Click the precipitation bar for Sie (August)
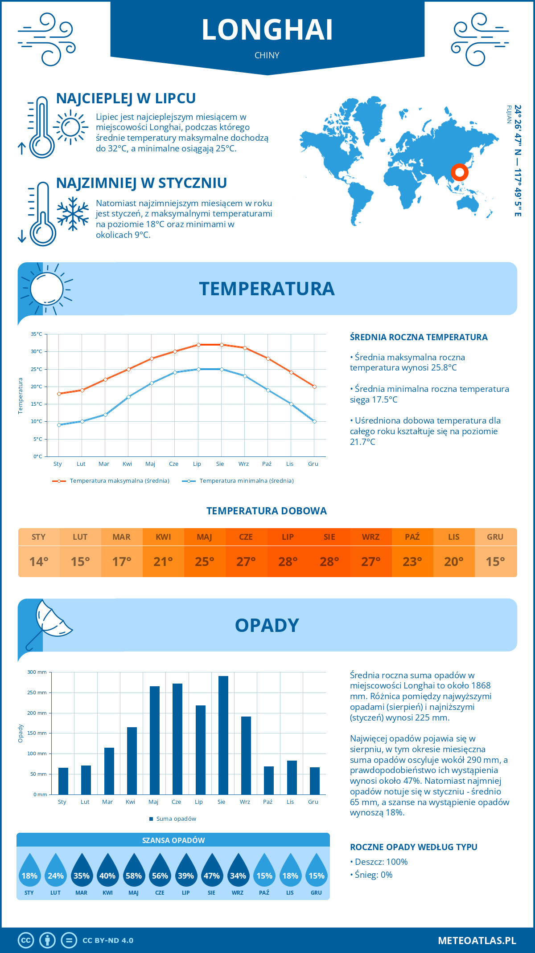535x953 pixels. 223,735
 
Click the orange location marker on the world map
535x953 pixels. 459,172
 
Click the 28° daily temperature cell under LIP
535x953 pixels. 288,562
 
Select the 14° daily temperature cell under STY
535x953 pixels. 39,562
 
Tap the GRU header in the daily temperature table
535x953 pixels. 495,537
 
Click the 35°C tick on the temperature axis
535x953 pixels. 37,334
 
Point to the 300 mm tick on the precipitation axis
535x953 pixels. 37,672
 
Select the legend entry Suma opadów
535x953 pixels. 176,819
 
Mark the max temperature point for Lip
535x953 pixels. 198,345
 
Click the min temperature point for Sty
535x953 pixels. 59,425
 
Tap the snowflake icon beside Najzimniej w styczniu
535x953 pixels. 73,214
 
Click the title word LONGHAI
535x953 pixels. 267,30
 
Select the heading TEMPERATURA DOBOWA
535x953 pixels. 267,511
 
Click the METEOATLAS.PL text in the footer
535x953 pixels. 477,941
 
